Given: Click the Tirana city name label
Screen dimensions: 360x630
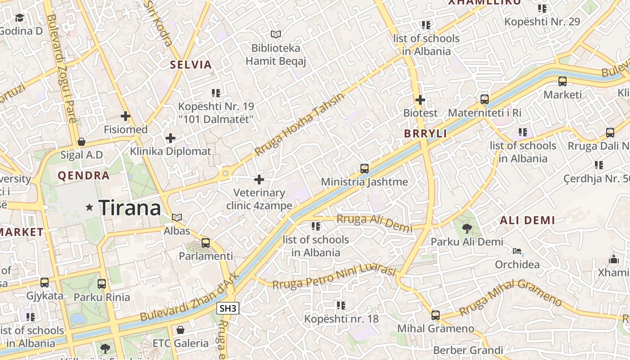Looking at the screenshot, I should point(130,207).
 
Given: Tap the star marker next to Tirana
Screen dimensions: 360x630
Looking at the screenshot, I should point(89,207).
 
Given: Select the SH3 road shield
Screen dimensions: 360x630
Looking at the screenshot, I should point(228,308).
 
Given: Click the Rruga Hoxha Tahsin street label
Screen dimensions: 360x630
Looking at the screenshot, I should point(299,124).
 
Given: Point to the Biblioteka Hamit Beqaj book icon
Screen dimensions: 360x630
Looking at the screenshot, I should point(276,34).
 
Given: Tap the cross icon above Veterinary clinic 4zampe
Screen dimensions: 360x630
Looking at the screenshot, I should point(259,180).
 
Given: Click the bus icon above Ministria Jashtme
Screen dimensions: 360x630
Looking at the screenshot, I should point(364,169).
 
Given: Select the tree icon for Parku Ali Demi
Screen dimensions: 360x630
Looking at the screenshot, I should point(467,229).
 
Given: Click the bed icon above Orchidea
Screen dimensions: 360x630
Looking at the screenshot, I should point(517,251).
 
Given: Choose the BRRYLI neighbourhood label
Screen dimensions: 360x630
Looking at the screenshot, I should point(425,134).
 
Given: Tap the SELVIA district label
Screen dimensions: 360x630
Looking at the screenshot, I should point(191,65).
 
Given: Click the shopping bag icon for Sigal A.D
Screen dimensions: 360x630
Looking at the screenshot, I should point(81,142).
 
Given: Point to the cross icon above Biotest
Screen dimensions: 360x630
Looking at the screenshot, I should point(420,100).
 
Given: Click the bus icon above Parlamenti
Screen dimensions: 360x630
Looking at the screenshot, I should point(206,243).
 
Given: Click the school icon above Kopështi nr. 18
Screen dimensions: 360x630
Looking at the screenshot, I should point(341,306).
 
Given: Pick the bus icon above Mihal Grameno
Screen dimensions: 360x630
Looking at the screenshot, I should point(435,315).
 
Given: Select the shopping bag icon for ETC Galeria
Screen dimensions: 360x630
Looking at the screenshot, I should point(180,330).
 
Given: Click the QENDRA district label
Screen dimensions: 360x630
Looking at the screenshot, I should point(84,175).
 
